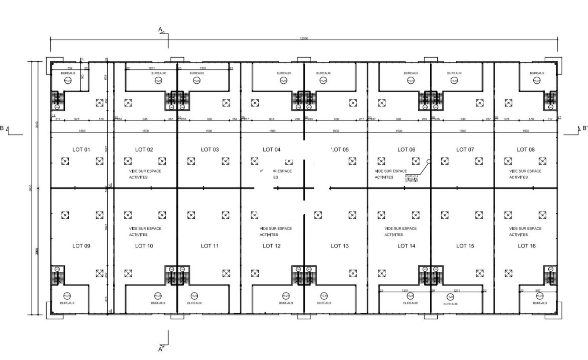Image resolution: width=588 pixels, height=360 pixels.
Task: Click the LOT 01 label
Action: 81,150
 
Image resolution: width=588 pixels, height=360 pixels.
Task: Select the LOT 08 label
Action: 526,150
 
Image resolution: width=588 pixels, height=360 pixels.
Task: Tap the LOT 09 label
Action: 81,246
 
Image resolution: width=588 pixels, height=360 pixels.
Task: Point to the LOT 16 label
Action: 526,246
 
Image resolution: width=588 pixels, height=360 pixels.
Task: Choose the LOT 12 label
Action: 271,246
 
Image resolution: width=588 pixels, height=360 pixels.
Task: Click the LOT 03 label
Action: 209,150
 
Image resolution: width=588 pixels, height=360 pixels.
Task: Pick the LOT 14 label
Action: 406,246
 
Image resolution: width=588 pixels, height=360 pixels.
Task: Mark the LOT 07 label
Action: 465,150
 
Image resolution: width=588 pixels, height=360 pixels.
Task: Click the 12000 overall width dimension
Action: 304,38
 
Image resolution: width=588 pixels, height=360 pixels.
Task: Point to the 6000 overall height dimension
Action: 31,187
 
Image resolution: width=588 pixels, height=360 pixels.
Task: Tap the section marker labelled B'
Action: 585,128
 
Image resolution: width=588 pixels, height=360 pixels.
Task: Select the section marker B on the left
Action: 2,128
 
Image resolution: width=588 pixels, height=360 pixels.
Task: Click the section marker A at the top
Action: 160,29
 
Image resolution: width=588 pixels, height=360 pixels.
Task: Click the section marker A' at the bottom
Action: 161,349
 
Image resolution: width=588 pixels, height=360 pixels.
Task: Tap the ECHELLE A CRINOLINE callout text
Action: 412,179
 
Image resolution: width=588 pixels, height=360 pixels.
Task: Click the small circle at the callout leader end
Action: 429,161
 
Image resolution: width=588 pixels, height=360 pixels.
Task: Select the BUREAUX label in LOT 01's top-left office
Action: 68,73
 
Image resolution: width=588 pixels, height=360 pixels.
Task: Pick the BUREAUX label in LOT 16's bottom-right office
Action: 540,303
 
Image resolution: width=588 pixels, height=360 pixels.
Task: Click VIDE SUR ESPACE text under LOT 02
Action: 145,171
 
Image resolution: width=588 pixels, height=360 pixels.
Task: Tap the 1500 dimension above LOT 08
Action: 526,131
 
